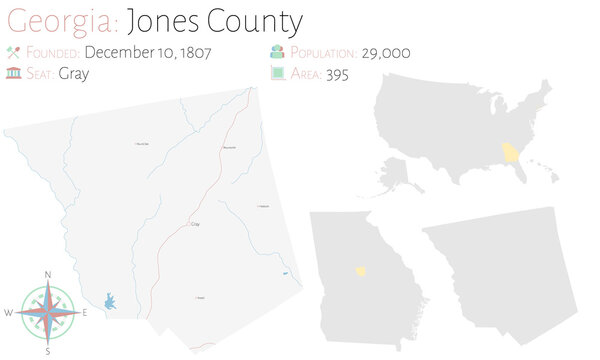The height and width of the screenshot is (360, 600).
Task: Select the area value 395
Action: click(336, 75)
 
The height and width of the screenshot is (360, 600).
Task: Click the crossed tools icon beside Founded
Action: click(13, 53)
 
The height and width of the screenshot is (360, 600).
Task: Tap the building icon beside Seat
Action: click(13, 75)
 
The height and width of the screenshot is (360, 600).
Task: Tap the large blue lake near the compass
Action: click(109, 300)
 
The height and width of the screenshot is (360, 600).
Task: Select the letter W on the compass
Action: click(9, 313)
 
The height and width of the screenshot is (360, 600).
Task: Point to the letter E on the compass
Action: click(86, 313)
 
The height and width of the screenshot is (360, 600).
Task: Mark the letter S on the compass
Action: click(48, 352)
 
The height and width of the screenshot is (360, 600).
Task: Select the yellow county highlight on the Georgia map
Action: click(359, 270)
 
